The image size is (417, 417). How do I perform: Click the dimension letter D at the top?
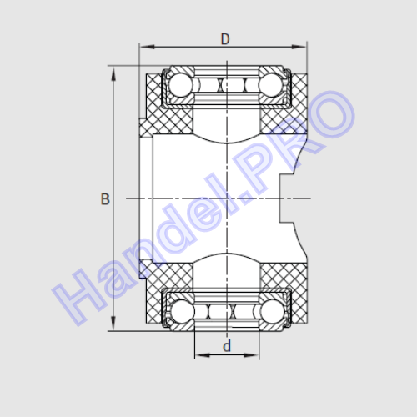225,39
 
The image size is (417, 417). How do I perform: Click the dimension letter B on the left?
105,199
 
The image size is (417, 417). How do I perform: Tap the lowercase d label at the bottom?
227,346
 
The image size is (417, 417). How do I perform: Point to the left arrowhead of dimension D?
147,47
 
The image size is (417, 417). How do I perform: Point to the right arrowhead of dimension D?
299,47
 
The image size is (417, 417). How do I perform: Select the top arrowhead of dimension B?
113,73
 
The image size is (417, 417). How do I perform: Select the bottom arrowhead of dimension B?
113,324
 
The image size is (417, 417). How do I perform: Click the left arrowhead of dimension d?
203,355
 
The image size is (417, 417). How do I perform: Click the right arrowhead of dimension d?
251,355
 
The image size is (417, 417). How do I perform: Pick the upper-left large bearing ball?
181,85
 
